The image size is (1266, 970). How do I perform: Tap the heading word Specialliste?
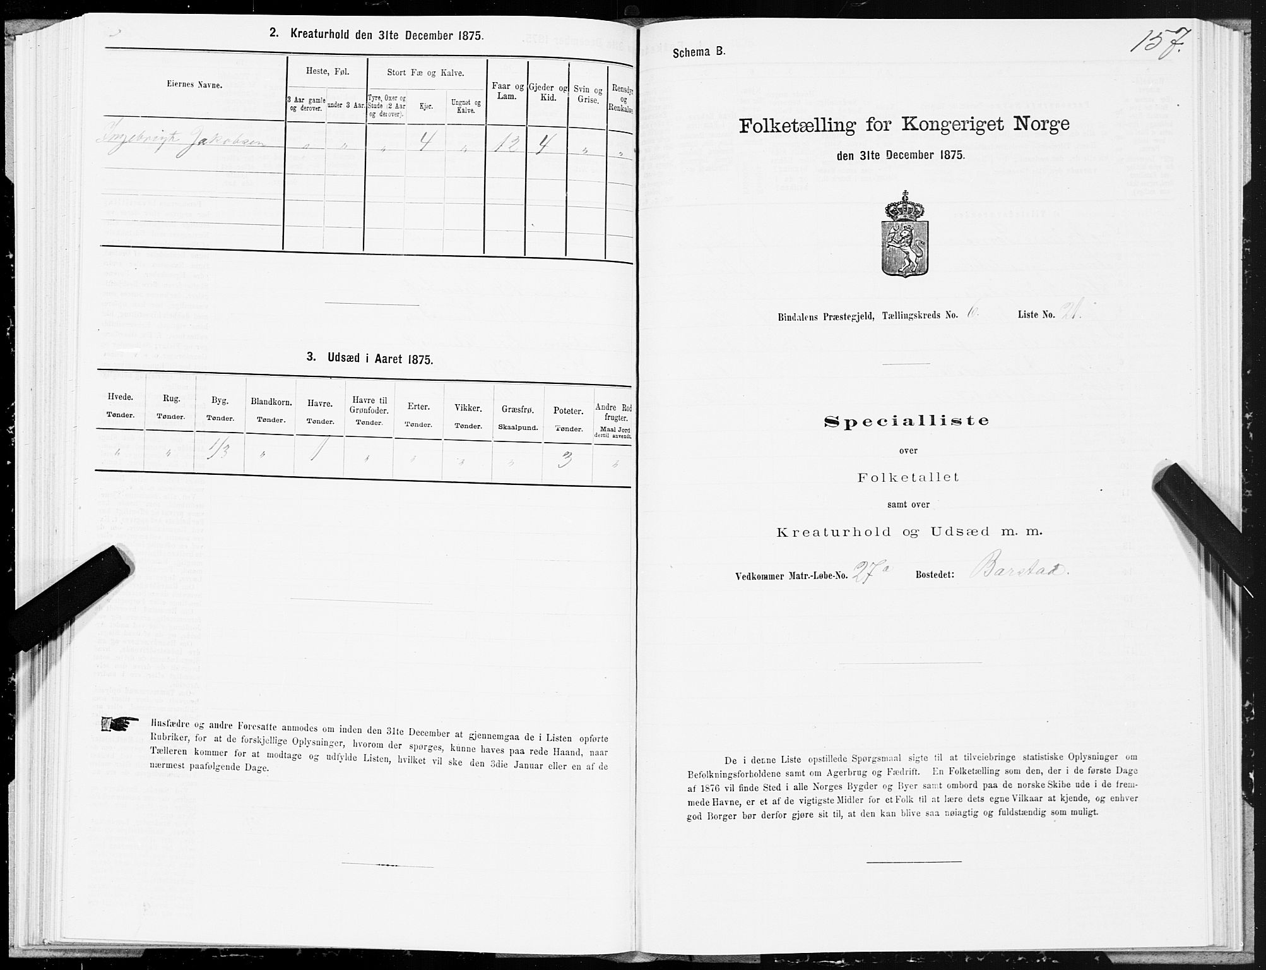point(907,421)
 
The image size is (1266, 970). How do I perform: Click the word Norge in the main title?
point(1034,124)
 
